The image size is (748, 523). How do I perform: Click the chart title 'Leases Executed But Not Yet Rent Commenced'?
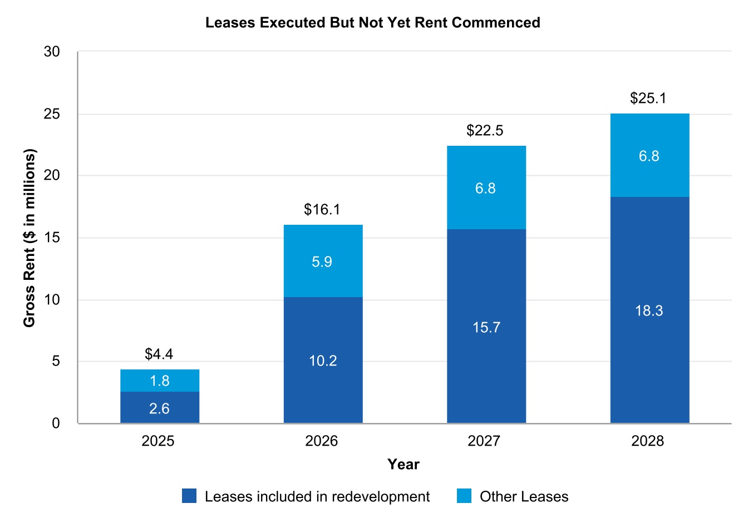372,23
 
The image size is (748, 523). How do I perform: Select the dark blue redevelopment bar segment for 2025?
160,407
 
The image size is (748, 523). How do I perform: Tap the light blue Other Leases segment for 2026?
323,261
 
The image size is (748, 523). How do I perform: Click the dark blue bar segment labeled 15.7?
486,327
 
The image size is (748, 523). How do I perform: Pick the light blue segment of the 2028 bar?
649,156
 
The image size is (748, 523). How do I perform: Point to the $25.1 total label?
648,98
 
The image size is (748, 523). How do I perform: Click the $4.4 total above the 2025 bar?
159,354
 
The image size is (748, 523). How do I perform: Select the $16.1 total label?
322,210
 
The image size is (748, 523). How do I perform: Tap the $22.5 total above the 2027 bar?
485,131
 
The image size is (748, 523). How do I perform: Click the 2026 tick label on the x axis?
321,441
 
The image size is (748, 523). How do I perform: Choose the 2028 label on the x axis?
647,441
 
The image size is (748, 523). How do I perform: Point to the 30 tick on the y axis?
52,52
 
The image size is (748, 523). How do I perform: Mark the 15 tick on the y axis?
52,238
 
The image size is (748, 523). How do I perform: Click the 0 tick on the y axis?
56,423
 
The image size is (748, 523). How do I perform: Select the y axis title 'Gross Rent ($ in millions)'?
29,238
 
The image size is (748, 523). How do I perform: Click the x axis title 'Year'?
403,465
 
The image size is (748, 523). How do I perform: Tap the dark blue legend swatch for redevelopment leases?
189,496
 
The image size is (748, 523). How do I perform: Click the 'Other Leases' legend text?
524,497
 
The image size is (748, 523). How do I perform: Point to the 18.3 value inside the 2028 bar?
649,310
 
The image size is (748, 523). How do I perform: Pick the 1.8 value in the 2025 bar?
160,381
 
